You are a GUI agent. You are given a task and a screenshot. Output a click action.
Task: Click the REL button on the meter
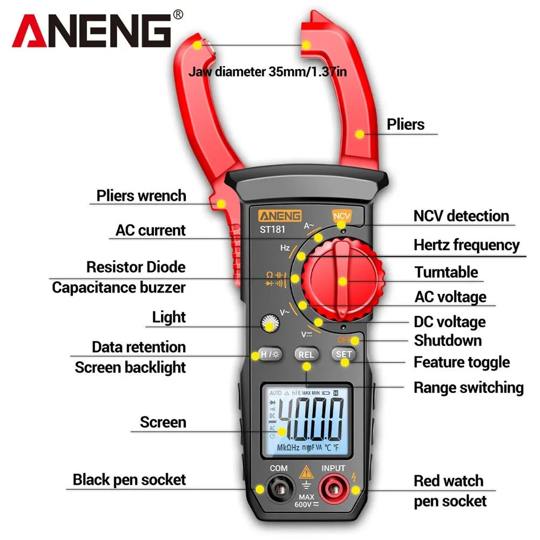pyautogui.click(x=306, y=354)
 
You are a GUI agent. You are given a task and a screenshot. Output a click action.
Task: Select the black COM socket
pyautogui.click(x=278, y=489)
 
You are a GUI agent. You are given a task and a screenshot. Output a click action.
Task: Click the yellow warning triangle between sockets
pyautogui.click(x=305, y=471)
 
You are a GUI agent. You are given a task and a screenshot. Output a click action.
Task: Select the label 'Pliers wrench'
pyautogui.click(x=141, y=195)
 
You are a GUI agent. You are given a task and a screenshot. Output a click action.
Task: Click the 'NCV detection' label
pyautogui.click(x=461, y=216)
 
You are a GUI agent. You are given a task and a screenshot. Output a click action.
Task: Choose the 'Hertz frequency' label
pyautogui.click(x=467, y=245)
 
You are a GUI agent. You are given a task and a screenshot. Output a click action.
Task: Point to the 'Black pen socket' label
pyautogui.click(x=129, y=480)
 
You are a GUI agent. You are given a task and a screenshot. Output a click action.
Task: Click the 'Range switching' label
pyautogui.click(x=468, y=387)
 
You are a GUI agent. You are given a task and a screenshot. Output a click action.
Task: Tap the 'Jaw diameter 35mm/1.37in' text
pyautogui.click(x=268, y=71)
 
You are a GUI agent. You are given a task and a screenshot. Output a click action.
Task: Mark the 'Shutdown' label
pyautogui.click(x=448, y=341)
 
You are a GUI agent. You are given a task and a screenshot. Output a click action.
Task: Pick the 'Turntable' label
pyautogui.click(x=446, y=272)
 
